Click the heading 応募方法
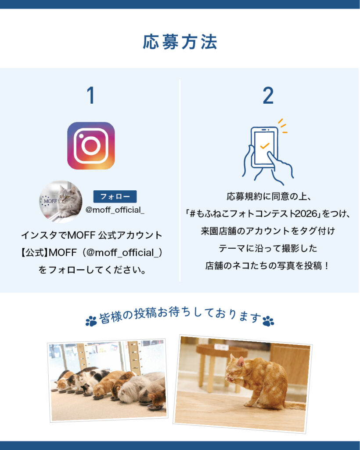coord(180,42)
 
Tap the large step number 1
coord(91,95)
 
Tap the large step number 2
coord(268,95)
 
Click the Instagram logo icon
coord(91,146)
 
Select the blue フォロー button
coord(115,196)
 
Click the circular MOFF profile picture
coord(61,201)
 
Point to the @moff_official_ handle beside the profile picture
coord(115,210)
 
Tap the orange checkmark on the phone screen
coord(264,146)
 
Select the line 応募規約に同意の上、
coord(269,196)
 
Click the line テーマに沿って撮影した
coord(268,248)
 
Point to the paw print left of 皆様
coord(91,321)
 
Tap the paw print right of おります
coord(268,321)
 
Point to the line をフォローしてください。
coord(92,270)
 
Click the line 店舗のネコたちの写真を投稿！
coord(267,266)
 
